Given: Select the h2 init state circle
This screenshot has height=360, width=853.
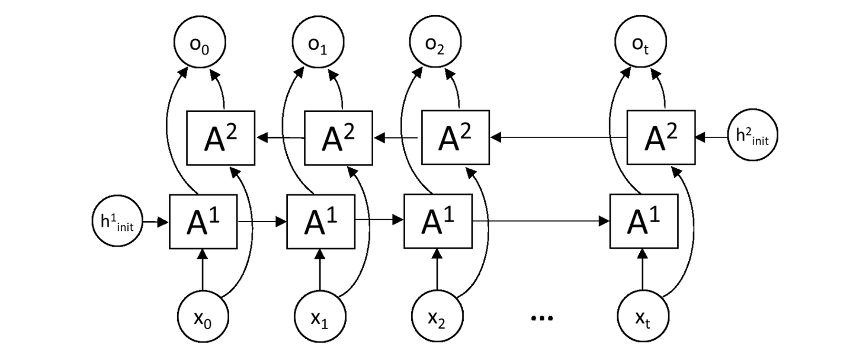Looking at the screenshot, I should pyautogui.click(x=752, y=137).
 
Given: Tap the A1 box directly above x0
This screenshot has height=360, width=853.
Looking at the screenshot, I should pyautogui.click(x=203, y=221).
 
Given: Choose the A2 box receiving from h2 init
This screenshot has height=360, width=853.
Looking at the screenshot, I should pyautogui.click(x=661, y=137).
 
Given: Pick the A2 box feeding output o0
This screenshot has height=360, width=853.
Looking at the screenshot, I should pyautogui.click(x=220, y=137).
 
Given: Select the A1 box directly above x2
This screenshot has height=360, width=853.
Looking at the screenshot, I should pyautogui.click(x=437, y=221).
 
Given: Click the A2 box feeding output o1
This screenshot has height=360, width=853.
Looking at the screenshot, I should pyautogui.click(x=338, y=137).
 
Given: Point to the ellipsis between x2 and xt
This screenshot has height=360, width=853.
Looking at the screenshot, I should pyautogui.click(x=541, y=319).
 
